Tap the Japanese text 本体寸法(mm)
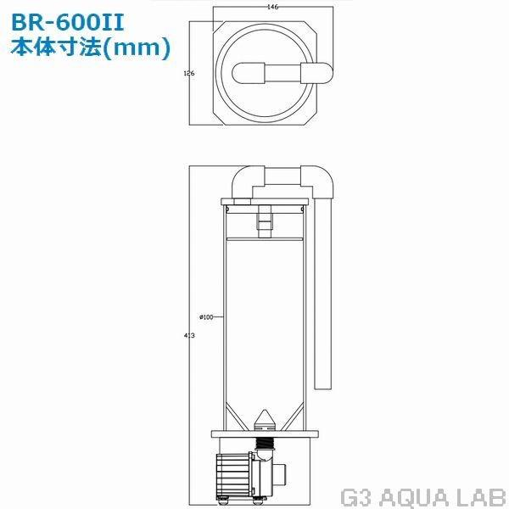(88, 47)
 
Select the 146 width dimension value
(272, 6)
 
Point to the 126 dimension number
(189, 74)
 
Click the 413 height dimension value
(189, 336)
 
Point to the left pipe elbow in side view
(247, 182)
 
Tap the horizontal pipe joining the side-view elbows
(283, 176)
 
